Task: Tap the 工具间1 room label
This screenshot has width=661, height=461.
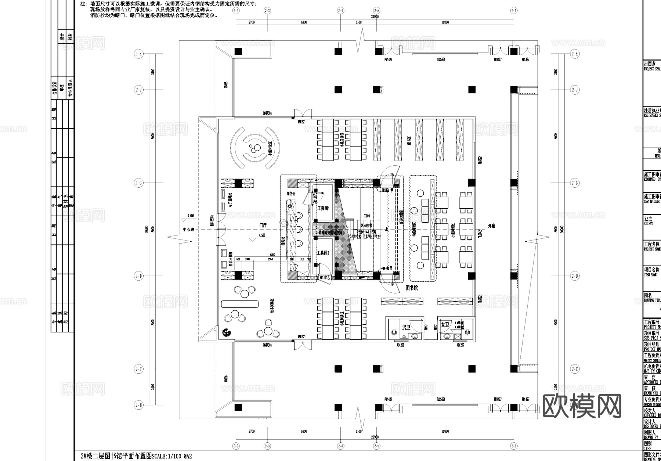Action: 323,208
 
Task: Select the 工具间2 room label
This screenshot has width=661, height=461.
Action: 323,253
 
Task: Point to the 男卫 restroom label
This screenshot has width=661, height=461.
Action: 406,327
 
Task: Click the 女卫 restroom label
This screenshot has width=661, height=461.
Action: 445,325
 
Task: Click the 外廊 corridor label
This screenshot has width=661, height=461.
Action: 491,227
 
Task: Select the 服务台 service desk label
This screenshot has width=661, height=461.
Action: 291,194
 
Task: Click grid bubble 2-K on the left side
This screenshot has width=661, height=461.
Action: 138,54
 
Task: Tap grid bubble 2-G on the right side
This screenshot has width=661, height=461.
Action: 575,183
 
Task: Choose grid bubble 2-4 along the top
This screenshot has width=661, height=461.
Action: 341,11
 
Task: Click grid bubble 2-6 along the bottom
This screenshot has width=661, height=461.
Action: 513,446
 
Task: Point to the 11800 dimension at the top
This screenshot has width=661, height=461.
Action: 445,22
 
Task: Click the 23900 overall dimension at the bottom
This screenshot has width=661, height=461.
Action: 374,437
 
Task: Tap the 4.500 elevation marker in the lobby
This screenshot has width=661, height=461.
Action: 262,235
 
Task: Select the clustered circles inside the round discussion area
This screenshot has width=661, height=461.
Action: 253,149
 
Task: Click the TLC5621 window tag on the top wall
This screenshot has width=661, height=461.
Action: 440,60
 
